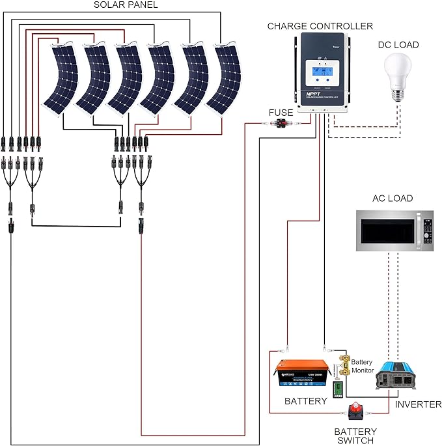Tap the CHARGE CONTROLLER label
pyautogui.click(x=320, y=26)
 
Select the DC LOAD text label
pyautogui.click(x=398, y=45)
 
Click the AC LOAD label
pyautogui.click(x=392, y=199)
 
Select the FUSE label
pyautogui.click(x=281, y=113)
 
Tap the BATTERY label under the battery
pyautogui.click(x=305, y=401)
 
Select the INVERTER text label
pyautogui.click(x=418, y=404)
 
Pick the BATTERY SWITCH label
pyautogui.click(x=355, y=436)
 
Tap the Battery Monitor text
pyautogui.click(x=362, y=366)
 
